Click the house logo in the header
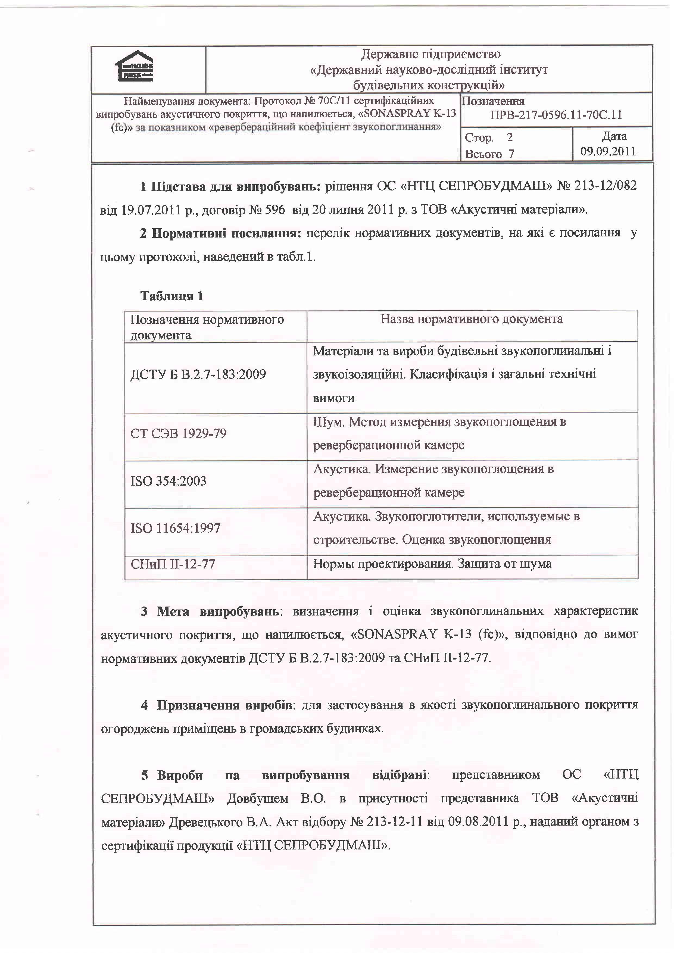point(134,66)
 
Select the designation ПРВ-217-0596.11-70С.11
point(556,115)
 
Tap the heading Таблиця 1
point(171,296)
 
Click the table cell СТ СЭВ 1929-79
point(179,434)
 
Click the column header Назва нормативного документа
point(472,319)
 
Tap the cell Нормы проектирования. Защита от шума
point(432,564)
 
